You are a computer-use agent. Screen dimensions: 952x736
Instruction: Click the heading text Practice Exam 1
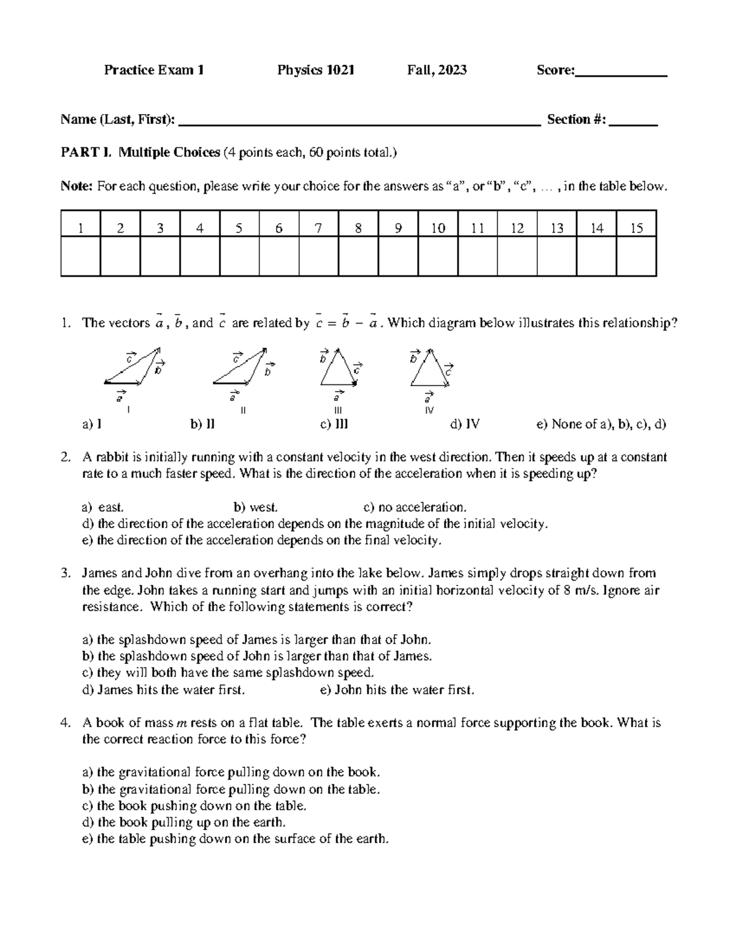pyautogui.click(x=154, y=70)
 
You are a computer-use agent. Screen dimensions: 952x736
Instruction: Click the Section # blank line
pyautogui.click(x=634, y=123)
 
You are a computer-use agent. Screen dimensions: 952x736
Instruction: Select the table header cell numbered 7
pyautogui.click(x=318, y=229)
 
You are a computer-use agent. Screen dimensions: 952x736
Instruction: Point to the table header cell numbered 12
pyautogui.click(x=517, y=229)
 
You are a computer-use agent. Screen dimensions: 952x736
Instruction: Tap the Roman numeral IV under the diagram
pyautogui.click(x=429, y=410)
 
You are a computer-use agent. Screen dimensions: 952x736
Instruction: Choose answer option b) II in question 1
pyautogui.click(x=202, y=424)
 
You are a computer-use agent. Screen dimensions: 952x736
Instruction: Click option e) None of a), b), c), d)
pyautogui.click(x=601, y=424)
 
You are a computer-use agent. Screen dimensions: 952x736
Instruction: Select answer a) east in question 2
pyautogui.click(x=102, y=508)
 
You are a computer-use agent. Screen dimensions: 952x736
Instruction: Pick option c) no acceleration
pyautogui.click(x=415, y=508)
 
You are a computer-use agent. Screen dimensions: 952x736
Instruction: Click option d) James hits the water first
pyautogui.click(x=163, y=690)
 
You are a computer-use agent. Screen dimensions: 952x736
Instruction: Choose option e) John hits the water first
pyautogui.click(x=397, y=690)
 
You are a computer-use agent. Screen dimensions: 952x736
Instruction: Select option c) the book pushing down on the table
pyautogui.click(x=194, y=806)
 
